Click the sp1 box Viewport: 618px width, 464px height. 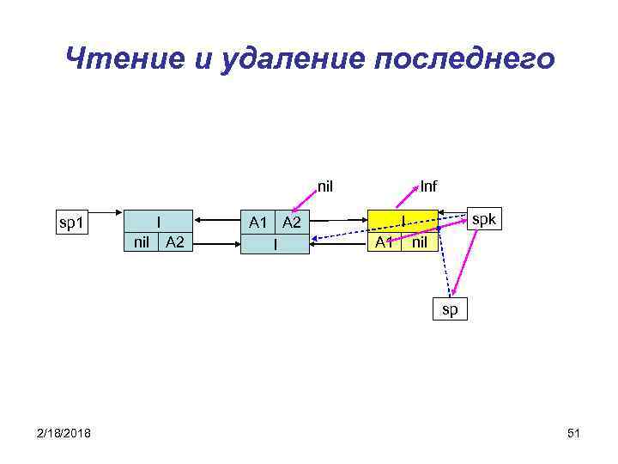coord(70,223)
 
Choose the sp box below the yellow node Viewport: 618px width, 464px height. coord(451,308)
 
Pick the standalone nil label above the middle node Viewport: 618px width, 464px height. coord(325,184)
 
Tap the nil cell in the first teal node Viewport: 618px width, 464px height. coord(142,242)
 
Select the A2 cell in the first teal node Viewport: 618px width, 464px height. coord(176,242)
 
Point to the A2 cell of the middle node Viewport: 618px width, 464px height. coord(292,223)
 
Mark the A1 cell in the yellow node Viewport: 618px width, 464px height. coord(385,242)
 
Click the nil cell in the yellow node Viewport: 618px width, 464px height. coord(420,242)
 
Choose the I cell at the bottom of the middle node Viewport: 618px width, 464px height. coord(274,244)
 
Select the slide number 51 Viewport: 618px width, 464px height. coord(574,433)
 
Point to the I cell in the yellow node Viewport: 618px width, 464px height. coord(403,222)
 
